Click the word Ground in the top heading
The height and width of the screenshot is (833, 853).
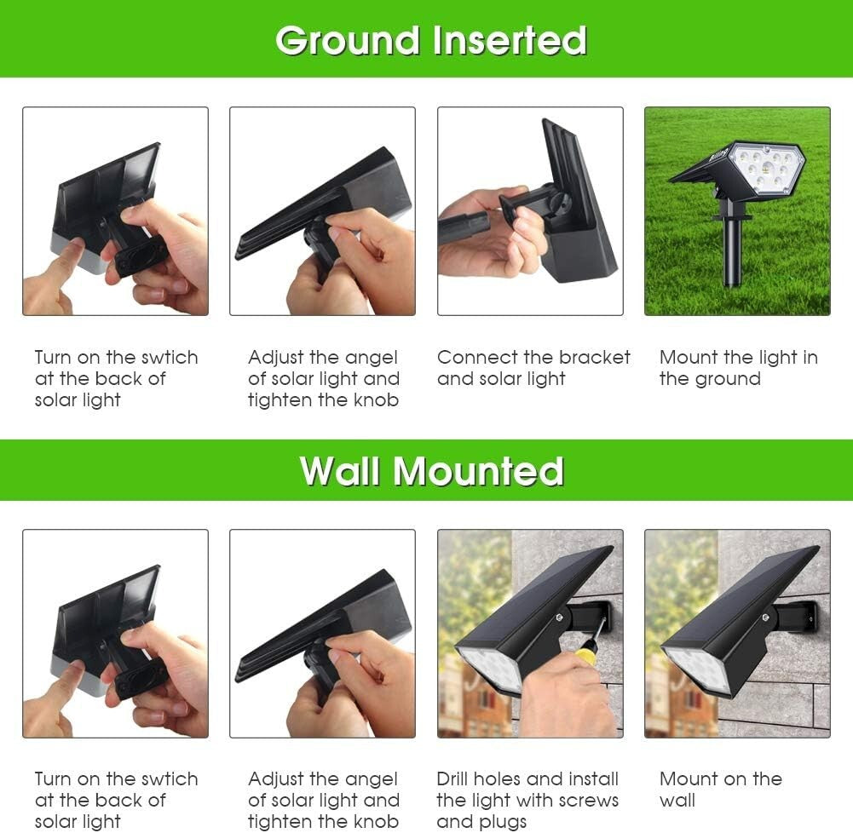click(349, 40)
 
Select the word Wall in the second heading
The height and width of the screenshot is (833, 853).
click(339, 471)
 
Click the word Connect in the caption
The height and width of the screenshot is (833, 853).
click(473, 358)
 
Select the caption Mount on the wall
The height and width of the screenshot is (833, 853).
click(720, 790)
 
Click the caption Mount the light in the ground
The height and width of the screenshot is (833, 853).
click(738, 368)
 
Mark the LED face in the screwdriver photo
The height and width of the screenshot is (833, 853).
click(491, 667)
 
